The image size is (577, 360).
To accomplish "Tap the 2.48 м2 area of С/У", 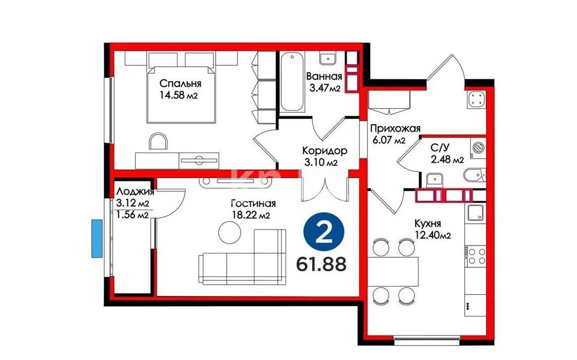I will coord(447,159).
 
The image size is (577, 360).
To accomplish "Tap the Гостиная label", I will coord(253,203).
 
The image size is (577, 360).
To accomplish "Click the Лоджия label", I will coord(135,192).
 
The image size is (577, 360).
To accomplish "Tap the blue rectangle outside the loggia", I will coord(96,239).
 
